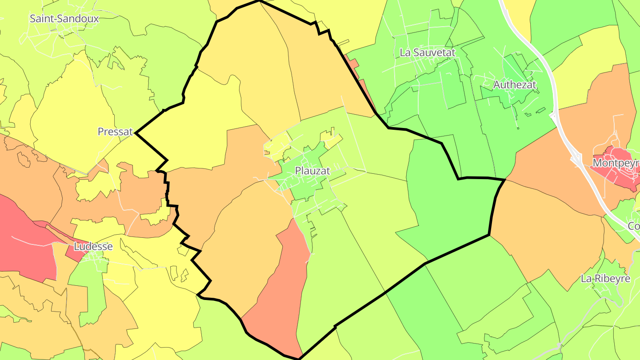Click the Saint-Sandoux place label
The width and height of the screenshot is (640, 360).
pyautogui.click(x=64, y=19)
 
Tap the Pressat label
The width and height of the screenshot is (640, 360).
pyautogui.click(x=115, y=132)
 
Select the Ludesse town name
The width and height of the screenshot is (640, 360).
pyautogui.click(x=93, y=246)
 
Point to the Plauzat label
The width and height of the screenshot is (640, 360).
pyautogui.click(x=312, y=171)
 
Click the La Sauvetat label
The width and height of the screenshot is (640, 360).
pyautogui.click(x=428, y=52)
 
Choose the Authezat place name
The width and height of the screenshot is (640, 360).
pyautogui.click(x=515, y=84)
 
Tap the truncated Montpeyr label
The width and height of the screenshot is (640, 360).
pyautogui.click(x=616, y=164)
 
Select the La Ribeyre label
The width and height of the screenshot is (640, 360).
pyautogui.click(x=606, y=279)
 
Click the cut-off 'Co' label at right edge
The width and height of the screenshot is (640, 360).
pyautogui.click(x=634, y=226)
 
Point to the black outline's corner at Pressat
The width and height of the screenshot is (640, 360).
pyautogui.click(x=136, y=132)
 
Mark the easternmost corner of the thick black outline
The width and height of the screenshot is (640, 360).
pyautogui.click(x=505, y=180)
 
